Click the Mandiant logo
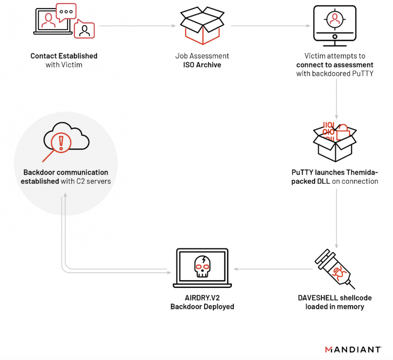pyautogui.click(x=353, y=350)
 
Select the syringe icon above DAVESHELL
pyautogui.click(x=334, y=269)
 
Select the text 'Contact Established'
pyautogui.click(x=64, y=56)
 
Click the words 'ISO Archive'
pyautogui.click(x=202, y=65)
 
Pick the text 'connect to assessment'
pyautogui.click(x=335, y=65)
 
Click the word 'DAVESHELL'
pyautogui.click(x=317, y=298)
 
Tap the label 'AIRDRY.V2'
pyautogui.click(x=202, y=298)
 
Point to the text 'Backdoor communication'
pyautogui.click(x=65, y=172)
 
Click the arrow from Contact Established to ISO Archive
pyautogui.click(x=137, y=25)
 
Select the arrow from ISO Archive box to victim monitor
pyautogui.click(x=269, y=25)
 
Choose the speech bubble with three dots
pyautogui.click(x=66, y=11)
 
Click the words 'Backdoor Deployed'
pyautogui.click(x=202, y=307)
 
